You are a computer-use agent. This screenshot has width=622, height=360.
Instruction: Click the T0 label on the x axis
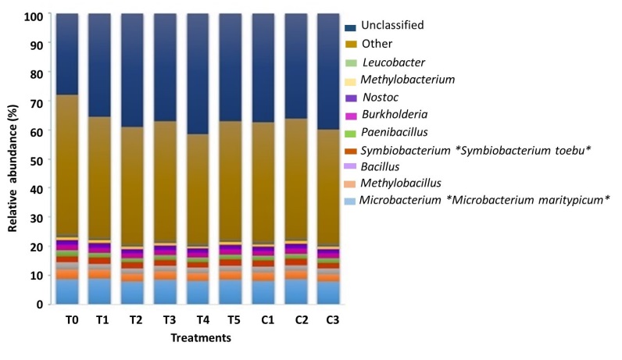[x=66, y=319]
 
